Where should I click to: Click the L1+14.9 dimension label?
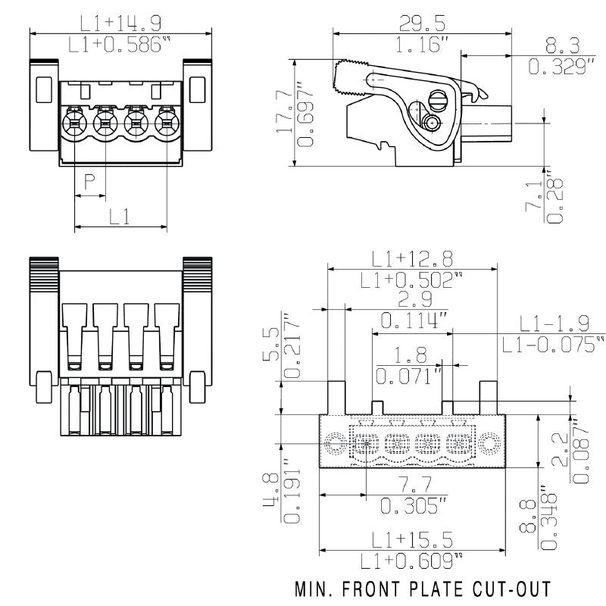pos(120,23)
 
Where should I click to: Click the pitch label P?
pos(89,181)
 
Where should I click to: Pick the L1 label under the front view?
pos(120,216)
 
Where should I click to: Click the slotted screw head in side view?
pos(439,99)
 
